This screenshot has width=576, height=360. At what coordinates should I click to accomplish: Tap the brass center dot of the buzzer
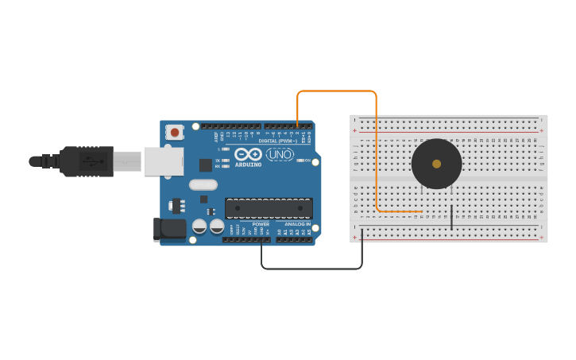pyautogui.click(x=436, y=164)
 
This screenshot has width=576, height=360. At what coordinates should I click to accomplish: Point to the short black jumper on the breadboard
pyautogui.click(x=451, y=217)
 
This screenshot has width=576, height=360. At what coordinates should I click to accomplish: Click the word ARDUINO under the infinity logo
pyautogui.click(x=248, y=165)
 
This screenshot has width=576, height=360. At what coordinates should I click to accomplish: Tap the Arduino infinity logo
pyautogui.click(x=248, y=154)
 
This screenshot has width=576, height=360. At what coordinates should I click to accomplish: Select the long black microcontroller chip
pyautogui.click(x=269, y=208)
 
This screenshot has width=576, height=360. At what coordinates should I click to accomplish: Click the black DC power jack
pyautogui.click(x=169, y=230)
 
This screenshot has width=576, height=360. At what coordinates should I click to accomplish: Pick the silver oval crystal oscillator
pyautogui.click(x=203, y=185)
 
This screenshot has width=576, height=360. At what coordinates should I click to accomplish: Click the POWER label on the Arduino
pyautogui.click(x=260, y=224)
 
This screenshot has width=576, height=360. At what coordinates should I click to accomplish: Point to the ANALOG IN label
pyautogui.click(x=297, y=224)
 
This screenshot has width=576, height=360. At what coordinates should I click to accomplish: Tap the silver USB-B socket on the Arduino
pyautogui.click(x=163, y=161)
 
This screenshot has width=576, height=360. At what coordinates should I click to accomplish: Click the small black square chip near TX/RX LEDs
pyautogui.click(x=206, y=165)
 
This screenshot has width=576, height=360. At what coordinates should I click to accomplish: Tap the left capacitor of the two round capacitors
pyautogui.click(x=199, y=227)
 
